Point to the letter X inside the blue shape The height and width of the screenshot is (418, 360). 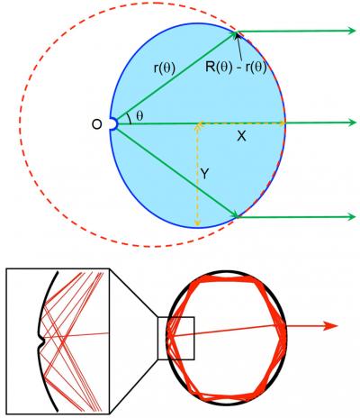tap(240, 135)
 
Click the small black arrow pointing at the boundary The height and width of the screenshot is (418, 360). tap(239, 41)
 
